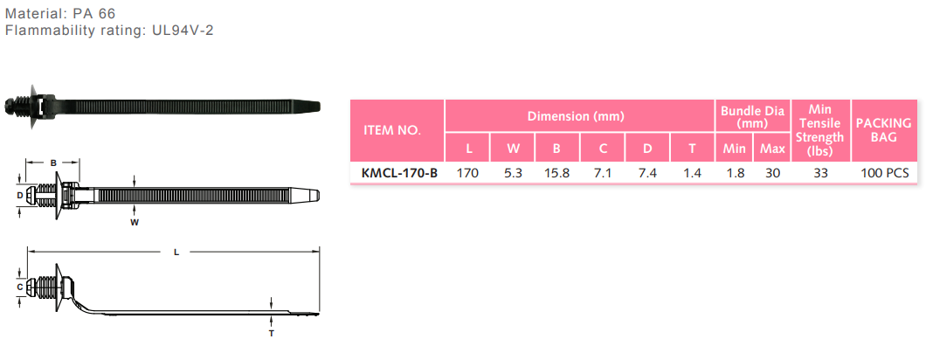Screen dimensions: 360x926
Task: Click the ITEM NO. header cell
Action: click(x=391, y=130)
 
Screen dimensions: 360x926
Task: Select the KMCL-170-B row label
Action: click(x=398, y=173)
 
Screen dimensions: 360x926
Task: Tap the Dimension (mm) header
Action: click(x=575, y=116)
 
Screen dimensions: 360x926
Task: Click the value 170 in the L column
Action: click(x=467, y=173)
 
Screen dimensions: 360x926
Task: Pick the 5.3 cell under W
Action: click(x=513, y=173)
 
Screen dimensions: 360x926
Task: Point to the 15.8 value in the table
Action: click(x=556, y=173)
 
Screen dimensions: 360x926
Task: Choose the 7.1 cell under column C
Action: click(x=602, y=173)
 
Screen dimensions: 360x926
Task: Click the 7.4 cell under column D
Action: click(x=647, y=173)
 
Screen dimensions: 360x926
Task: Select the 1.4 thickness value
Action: click(x=692, y=173)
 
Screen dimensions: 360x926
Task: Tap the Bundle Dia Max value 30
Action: click(x=771, y=173)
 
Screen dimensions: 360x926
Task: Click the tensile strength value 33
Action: click(x=820, y=173)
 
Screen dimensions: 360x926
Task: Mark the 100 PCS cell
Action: click(x=884, y=173)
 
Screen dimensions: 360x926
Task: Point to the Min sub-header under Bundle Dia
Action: click(x=735, y=149)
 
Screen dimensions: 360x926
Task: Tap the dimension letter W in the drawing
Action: click(x=135, y=223)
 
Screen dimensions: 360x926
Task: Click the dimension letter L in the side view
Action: click(x=176, y=252)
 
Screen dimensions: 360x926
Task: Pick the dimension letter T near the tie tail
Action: click(x=271, y=333)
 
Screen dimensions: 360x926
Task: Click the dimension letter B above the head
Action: click(x=52, y=163)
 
